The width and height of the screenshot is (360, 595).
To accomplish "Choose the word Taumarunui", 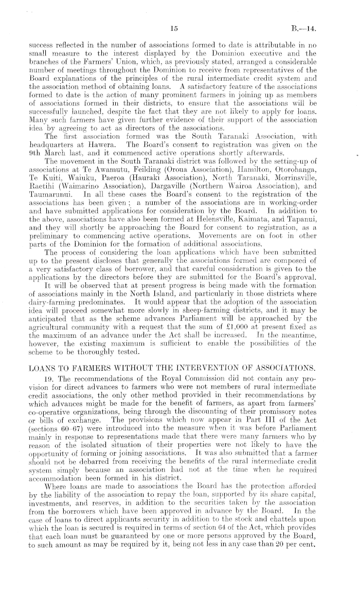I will (50, 195).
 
